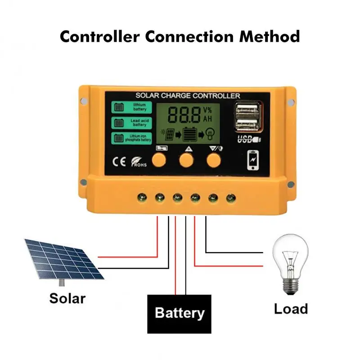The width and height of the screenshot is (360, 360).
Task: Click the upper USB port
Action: click(247, 108)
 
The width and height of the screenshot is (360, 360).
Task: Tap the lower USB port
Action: click(247, 122)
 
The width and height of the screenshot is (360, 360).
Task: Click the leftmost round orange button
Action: click(158, 159)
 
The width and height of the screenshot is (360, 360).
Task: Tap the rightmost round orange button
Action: click(214, 159)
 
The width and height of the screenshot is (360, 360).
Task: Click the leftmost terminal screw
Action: click(141, 197)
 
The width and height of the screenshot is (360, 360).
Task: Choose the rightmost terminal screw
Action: click(231, 197)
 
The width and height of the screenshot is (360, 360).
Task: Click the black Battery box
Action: click(180, 313)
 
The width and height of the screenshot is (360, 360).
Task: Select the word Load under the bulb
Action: click(291, 309)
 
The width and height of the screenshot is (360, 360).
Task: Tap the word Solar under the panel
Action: click(67, 297)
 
